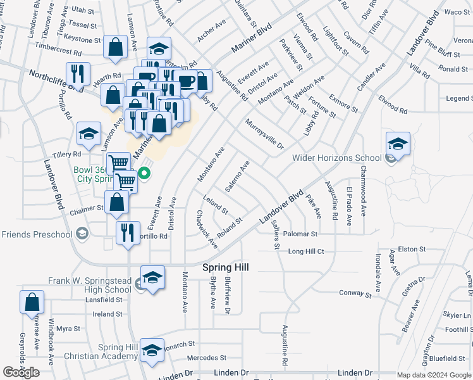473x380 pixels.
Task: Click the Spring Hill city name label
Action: (225, 268)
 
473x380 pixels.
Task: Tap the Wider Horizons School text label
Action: (337, 158)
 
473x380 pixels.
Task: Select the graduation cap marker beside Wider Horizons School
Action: (398, 144)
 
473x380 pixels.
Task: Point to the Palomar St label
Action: (300, 234)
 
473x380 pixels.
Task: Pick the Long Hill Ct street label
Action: (306, 251)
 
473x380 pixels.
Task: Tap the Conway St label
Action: (355, 294)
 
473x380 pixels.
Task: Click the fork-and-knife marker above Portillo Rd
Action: (128, 233)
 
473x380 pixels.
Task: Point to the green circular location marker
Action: (144, 172)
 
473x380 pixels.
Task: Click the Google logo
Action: (21, 372)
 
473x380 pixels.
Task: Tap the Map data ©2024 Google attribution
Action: (434, 376)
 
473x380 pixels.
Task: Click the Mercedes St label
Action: (206, 358)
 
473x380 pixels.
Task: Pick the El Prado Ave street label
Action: (349, 206)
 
